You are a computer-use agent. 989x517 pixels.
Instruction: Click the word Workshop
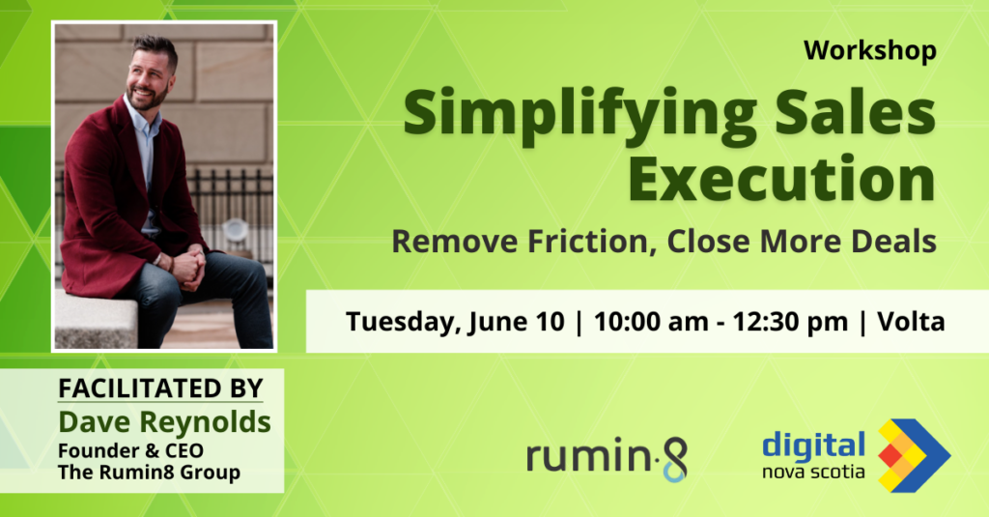pos(870,50)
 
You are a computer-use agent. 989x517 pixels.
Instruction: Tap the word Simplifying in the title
pos(579,115)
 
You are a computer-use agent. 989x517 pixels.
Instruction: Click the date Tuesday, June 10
pos(455,322)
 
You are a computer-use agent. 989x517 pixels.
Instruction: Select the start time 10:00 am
pos(651,322)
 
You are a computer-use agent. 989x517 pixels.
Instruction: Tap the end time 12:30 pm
pos(790,322)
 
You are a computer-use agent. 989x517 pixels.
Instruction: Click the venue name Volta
pos(911,321)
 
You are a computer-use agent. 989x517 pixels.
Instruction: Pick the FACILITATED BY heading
pos(161,388)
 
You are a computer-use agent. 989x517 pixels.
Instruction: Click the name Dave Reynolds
pos(164,421)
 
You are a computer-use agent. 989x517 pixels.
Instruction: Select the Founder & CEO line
pos(130,450)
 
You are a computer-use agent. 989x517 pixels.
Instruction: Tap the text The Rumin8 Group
pos(149,473)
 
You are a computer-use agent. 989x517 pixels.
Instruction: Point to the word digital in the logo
pos(813,446)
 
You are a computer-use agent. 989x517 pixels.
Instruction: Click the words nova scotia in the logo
pos(813,472)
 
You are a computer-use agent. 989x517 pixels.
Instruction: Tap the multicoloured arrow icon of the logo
pos(914,455)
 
